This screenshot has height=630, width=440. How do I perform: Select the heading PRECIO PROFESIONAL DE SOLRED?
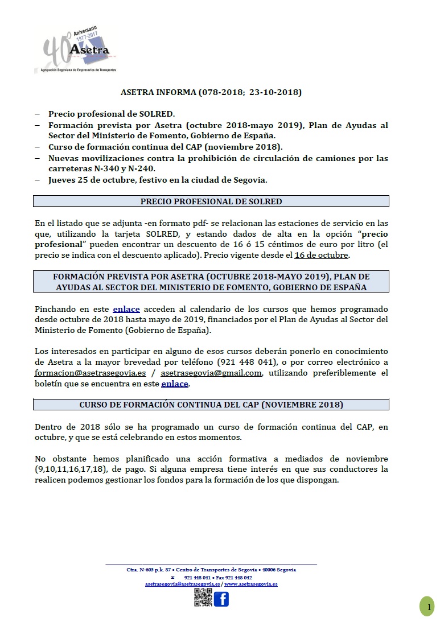(x=211, y=201)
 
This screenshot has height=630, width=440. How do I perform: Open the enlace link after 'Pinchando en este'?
(x=126, y=309)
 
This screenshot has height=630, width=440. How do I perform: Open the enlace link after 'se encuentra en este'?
(x=175, y=384)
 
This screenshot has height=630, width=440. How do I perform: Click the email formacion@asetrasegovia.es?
(x=91, y=373)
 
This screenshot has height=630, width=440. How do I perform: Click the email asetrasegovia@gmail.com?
(x=211, y=373)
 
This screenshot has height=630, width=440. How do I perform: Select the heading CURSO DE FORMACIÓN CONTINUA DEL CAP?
(x=211, y=405)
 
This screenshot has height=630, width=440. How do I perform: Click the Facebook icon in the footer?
(x=221, y=599)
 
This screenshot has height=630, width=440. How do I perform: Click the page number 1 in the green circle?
(x=427, y=607)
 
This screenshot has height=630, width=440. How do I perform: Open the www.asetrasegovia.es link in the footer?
(x=251, y=584)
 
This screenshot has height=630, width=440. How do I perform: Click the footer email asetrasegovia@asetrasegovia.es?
(x=182, y=584)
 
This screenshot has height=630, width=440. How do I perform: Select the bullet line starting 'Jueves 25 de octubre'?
(x=158, y=180)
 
